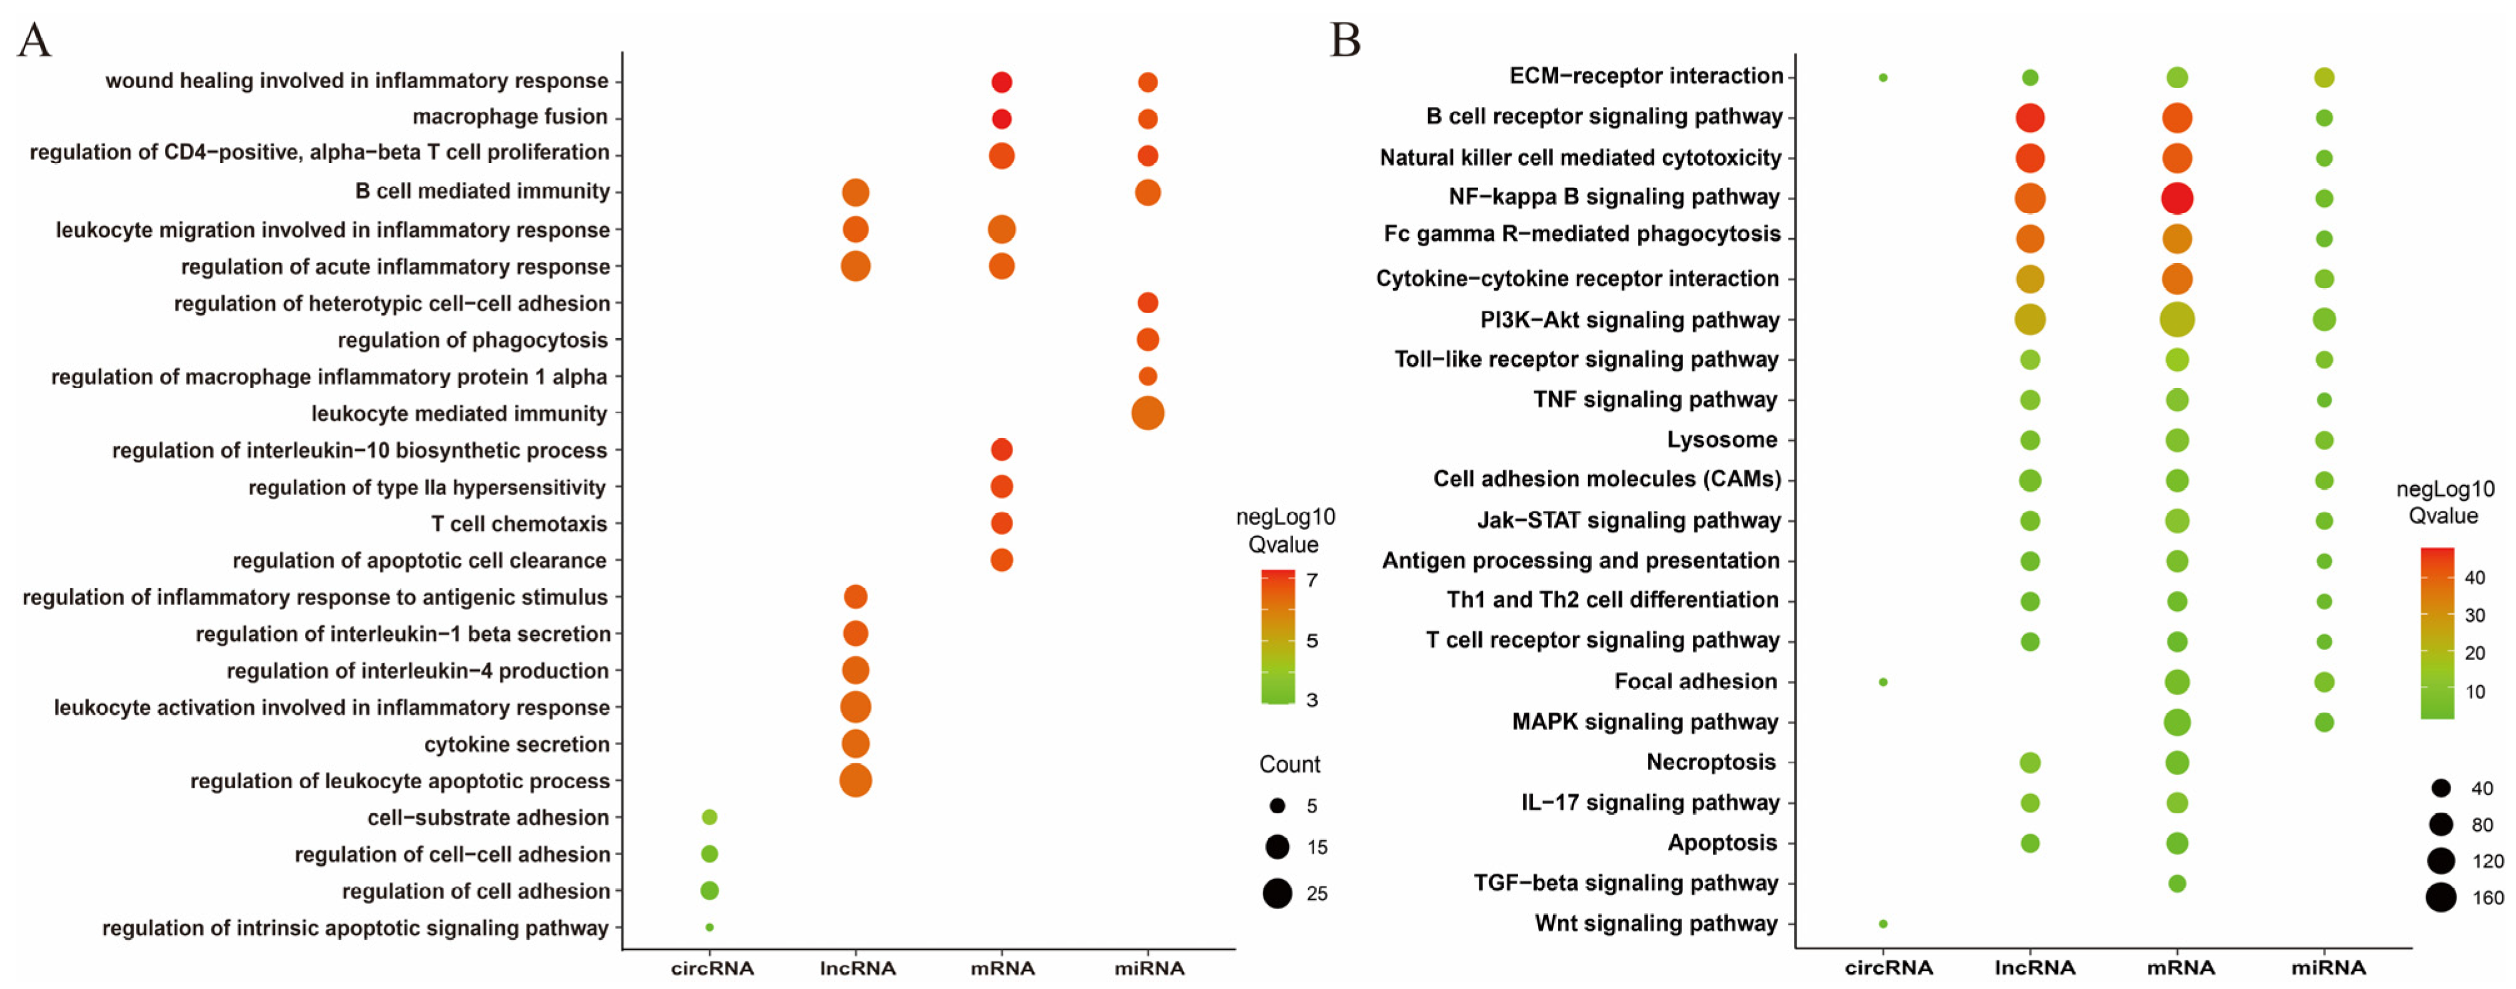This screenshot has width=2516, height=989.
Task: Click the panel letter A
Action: point(34,41)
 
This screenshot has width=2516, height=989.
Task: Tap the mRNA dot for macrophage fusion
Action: point(1001,118)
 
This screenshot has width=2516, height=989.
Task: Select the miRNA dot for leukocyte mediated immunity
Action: point(1147,413)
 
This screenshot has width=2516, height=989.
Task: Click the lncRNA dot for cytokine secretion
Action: point(856,744)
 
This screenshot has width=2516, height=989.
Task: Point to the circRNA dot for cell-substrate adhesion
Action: point(710,817)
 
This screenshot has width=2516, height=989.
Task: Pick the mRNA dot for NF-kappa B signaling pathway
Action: point(2177,198)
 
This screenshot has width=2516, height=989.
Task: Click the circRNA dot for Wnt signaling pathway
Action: point(1883,923)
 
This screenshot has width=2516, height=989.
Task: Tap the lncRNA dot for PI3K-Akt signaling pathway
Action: point(2030,319)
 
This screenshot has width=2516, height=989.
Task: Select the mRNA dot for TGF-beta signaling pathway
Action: point(2177,883)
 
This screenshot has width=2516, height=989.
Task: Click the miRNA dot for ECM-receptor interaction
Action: point(2325,77)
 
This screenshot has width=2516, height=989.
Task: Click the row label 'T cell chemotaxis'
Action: point(519,524)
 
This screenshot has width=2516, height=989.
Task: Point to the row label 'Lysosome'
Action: point(1722,439)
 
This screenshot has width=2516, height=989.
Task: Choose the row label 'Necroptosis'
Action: point(1711,762)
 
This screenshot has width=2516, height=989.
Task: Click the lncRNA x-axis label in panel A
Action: point(857,968)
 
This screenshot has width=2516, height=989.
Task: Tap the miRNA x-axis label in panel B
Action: point(2329,968)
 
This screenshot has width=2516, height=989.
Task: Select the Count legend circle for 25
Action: point(1277,893)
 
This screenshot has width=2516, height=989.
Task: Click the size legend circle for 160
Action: point(2441,897)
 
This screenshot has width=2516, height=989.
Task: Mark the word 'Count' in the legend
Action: point(1289,764)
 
